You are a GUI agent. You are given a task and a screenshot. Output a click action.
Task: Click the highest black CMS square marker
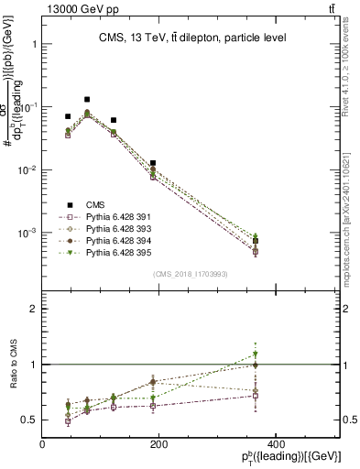click(87, 99)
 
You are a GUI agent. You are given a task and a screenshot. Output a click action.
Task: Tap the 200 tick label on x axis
click(158, 443)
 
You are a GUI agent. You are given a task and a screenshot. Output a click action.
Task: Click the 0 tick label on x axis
click(42, 443)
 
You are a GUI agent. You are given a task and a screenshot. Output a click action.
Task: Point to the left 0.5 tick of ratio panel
click(30, 420)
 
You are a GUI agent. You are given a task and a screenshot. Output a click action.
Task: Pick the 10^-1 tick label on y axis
click(27, 107)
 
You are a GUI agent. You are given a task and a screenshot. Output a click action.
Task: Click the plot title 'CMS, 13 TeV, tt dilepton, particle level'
click(192, 38)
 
